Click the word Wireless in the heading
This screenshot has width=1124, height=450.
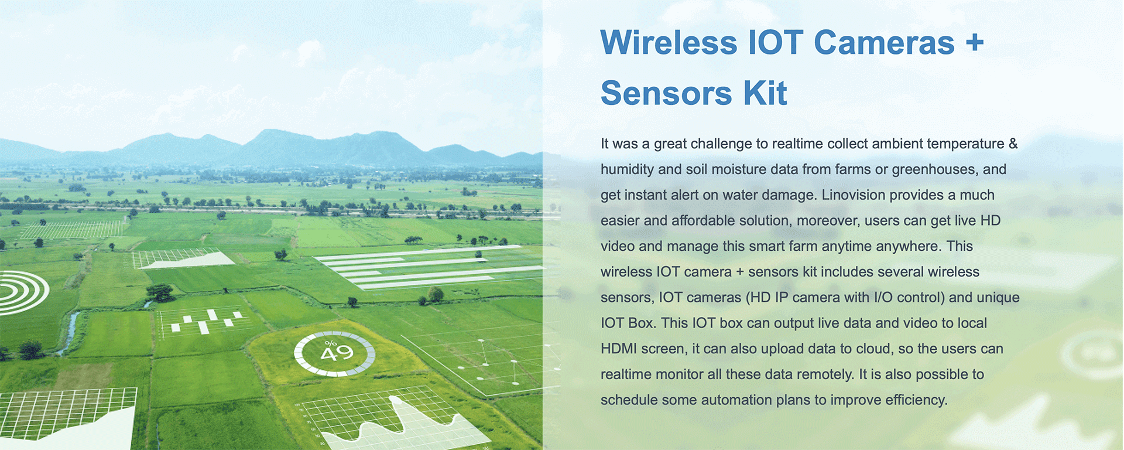[669, 43]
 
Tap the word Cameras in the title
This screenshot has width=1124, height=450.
[884, 43]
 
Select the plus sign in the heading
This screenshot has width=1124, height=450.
[975, 43]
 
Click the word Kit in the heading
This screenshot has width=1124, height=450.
[765, 93]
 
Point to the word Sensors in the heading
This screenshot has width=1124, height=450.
[666, 93]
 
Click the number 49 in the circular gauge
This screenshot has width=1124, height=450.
[337, 353]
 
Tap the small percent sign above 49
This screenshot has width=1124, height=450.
[330, 343]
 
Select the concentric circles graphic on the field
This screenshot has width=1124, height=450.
[23, 292]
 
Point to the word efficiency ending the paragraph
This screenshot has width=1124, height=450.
[916, 400]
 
